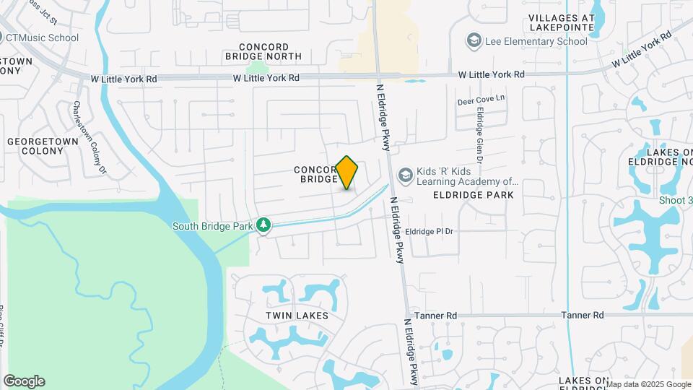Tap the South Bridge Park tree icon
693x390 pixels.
click(x=264, y=225)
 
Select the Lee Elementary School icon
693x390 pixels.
click(x=474, y=41)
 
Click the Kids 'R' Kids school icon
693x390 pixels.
click(x=406, y=175)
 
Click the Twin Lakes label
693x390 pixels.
click(x=297, y=316)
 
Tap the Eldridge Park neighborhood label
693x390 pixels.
click(x=474, y=195)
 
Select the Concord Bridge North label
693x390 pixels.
click(x=263, y=51)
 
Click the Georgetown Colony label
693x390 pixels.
click(x=37, y=147)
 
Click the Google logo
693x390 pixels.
click(x=24, y=381)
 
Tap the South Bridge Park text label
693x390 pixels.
click(x=212, y=226)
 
